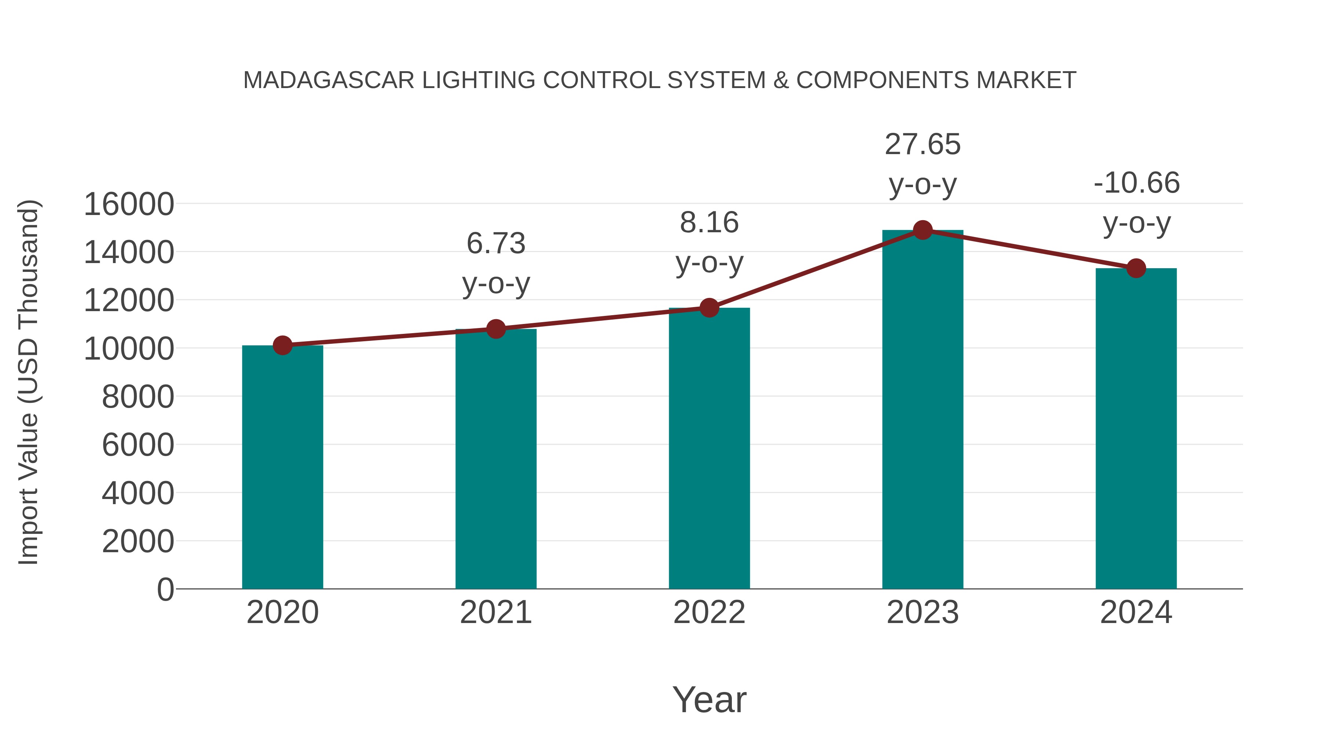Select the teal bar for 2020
tap(282, 467)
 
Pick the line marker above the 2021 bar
tap(495, 329)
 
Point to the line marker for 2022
tap(709, 308)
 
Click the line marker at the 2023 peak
tap(923, 230)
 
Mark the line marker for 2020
tap(282, 345)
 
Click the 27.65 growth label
tap(923, 144)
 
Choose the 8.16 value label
tap(709, 223)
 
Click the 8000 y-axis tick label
tap(138, 396)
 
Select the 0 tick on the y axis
tap(165, 589)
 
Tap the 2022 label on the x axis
tap(709, 612)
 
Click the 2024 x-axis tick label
tap(1136, 612)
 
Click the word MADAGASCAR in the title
tap(329, 80)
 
